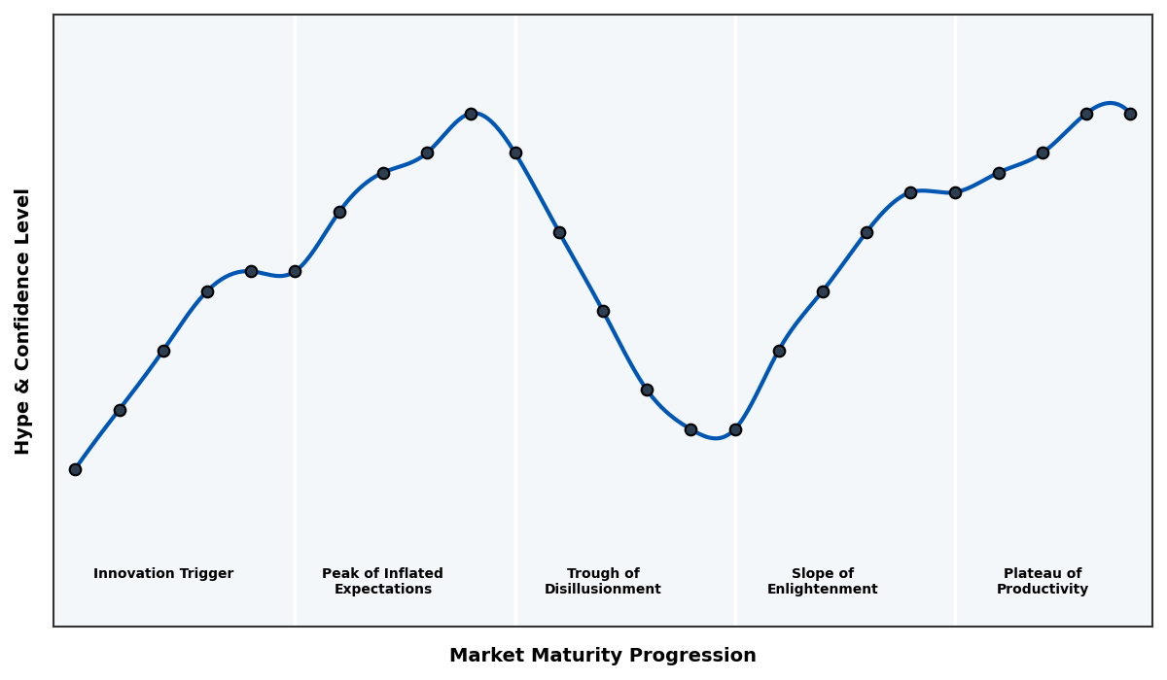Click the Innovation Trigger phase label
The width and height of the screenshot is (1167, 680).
click(x=163, y=574)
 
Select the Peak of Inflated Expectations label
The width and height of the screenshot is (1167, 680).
click(x=382, y=582)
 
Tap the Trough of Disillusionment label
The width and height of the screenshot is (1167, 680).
click(x=603, y=582)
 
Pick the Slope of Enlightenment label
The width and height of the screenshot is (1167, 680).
click(x=822, y=582)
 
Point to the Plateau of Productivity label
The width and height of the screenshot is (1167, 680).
click(x=1043, y=582)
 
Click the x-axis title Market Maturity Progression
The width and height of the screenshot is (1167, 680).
click(x=603, y=656)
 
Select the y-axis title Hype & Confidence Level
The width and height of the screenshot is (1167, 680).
click(x=23, y=321)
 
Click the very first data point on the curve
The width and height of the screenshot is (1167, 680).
click(x=75, y=469)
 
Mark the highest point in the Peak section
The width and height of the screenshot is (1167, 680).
click(x=471, y=114)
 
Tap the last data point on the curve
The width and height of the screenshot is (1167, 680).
click(x=1130, y=114)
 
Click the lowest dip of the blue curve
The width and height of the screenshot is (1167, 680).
click(x=716, y=438)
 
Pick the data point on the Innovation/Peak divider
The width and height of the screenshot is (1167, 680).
click(x=295, y=271)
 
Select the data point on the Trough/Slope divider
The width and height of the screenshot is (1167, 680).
click(x=735, y=429)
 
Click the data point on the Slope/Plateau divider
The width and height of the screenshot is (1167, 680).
click(x=955, y=192)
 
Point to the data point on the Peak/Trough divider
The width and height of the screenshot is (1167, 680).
click(x=515, y=153)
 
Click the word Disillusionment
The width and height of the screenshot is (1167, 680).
click(x=603, y=590)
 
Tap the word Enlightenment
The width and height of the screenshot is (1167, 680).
click(x=822, y=590)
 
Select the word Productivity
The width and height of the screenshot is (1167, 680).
click(x=1043, y=590)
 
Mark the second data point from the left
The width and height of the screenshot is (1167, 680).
click(x=120, y=410)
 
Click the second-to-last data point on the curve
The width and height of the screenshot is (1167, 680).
click(x=1086, y=114)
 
